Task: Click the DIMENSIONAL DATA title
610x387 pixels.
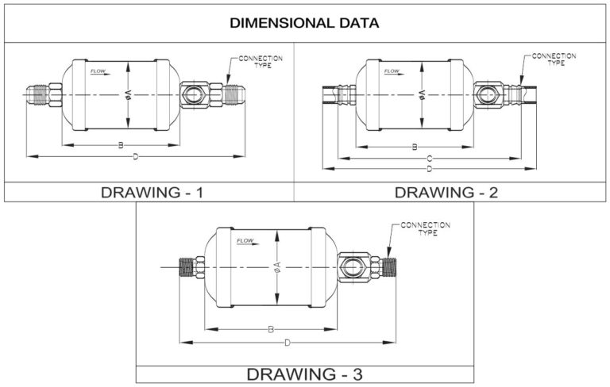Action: [x=304, y=22]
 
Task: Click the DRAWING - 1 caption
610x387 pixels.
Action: [x=149, y=193]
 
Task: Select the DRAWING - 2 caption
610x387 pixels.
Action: [x=446, y=193]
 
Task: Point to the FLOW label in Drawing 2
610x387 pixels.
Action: [x=392, y=72]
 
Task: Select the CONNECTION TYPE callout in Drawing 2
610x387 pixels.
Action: [x=553, y=59]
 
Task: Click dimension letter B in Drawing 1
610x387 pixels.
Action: [x=121, y=145]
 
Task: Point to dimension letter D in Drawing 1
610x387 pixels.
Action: [x=135, y=157]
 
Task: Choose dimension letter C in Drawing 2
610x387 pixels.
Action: [x=429, y=158]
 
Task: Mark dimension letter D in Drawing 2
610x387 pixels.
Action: [x=429, y=169]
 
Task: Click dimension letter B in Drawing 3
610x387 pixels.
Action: [x=271, y=328]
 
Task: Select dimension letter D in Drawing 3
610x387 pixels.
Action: [x=287, y=343]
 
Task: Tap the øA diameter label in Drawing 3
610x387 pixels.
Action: [x=276, y=267]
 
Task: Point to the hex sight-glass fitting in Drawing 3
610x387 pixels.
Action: [x=353, y=268]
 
